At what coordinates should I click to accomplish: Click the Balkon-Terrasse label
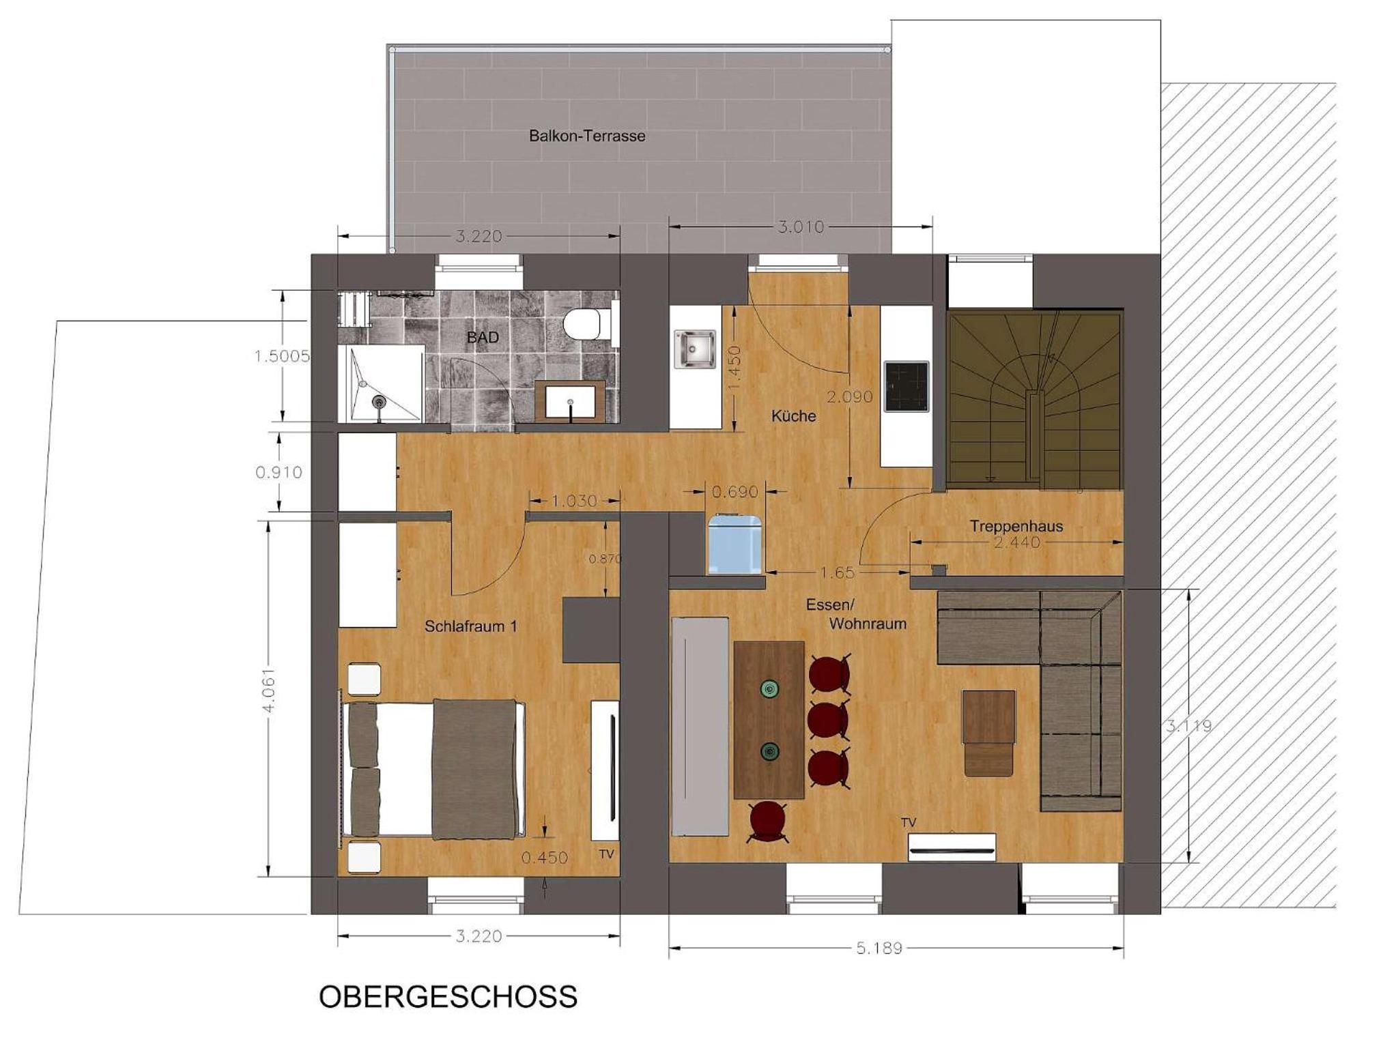tap(587, 136)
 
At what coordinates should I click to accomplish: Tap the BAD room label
tap(483, 337)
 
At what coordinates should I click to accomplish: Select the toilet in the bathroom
tap(584, 323)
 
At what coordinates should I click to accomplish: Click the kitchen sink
tap(694, 349)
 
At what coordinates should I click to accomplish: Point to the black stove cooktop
tap(907, 386)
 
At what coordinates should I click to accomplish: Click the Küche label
tap(793, 416)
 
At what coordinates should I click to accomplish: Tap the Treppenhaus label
tap(1016, 526)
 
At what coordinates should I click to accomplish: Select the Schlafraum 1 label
tap(471, 626)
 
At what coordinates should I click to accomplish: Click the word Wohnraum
tap(868, 623)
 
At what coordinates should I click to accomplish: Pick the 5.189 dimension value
tap(879, 948)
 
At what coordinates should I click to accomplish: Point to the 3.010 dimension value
tap(801, 227)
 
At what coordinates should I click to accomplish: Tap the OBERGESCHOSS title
tap(448, 997)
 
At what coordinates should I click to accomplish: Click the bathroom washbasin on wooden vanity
tap(570, 402)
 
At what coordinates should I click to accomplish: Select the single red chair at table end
tap(767, 821)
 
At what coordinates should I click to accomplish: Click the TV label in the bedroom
tap(606, 854)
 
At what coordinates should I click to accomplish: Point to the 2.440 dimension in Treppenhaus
tap(1017, 542)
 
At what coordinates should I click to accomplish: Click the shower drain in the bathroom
tap(380, 401)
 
